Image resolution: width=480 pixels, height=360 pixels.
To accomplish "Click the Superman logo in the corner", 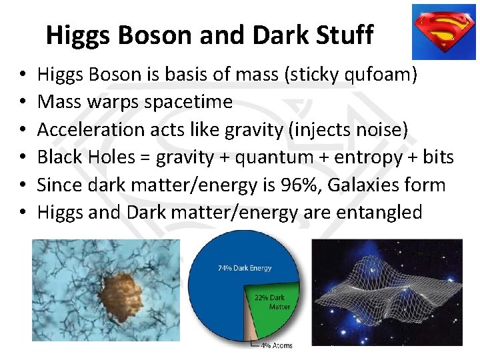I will click(443, 31).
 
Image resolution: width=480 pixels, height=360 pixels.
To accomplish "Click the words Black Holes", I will click(79, 157).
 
